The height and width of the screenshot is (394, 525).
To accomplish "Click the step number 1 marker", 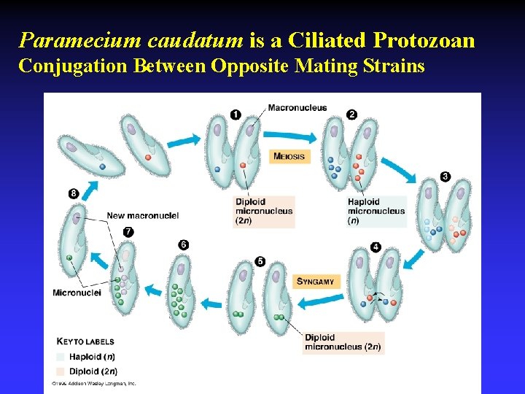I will pos(236,114).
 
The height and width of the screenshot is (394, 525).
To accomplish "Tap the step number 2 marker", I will pos(352,114).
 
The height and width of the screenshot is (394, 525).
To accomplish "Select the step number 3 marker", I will pos(446,176).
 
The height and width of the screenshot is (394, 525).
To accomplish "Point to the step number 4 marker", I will pos(376,247).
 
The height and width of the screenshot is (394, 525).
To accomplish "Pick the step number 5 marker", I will pos(260,261).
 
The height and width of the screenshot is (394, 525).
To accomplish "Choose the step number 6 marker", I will pos(184,244).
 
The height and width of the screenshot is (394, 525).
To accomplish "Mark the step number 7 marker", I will pos(128,231).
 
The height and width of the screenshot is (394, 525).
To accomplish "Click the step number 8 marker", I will pos(74,193).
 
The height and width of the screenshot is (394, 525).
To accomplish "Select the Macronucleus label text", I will pos(297,108).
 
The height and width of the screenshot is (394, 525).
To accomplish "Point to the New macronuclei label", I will pos(142,215).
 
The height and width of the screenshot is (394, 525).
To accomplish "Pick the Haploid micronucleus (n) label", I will pos(376,211).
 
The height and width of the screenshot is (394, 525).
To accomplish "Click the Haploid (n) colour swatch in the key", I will pos(61,357).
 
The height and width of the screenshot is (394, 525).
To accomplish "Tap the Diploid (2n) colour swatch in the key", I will pos(61,371).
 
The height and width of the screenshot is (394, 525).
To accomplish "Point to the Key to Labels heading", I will pos(86,341).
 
